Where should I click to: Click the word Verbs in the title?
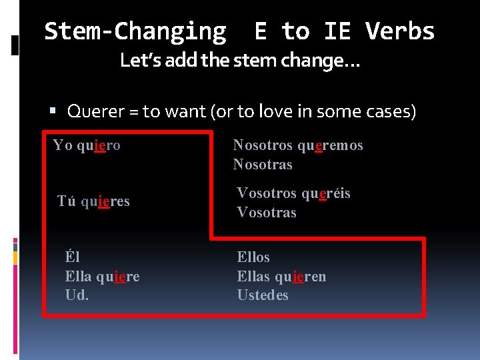(400, 31)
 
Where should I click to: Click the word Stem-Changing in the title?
(135, 31)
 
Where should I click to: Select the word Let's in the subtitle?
(139, 61)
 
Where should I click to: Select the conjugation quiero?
(99, 145)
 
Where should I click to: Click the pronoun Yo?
(63, 145)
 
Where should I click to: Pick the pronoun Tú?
(67, 201)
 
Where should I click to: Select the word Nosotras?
(263, 165)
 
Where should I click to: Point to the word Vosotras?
(267, 213)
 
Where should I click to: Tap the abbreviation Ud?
(77, 295)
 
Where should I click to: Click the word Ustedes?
(263, 295)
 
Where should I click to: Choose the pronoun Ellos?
(253, 257)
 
